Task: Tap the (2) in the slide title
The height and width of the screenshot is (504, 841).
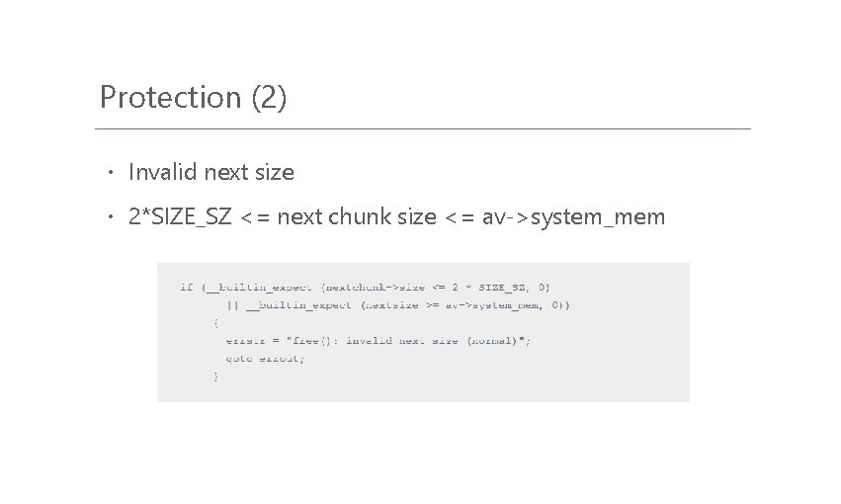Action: point(270,98)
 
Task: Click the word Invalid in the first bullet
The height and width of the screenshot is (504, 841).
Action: point(162,172)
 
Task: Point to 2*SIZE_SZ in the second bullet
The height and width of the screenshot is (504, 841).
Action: point(180,216)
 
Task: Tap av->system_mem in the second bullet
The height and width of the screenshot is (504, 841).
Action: point(573,216)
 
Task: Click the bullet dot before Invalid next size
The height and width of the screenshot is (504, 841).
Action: point(112,173)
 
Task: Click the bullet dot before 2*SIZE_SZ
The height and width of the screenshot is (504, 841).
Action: point(112,217)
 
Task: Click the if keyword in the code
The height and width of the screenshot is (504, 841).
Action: point(186,288)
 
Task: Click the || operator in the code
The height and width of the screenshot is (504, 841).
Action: point(232,305)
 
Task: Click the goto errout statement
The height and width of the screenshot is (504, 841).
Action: point(265,359)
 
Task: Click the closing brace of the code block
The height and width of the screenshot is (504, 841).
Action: point(216,377)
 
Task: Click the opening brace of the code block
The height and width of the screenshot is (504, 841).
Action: point(216,323)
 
